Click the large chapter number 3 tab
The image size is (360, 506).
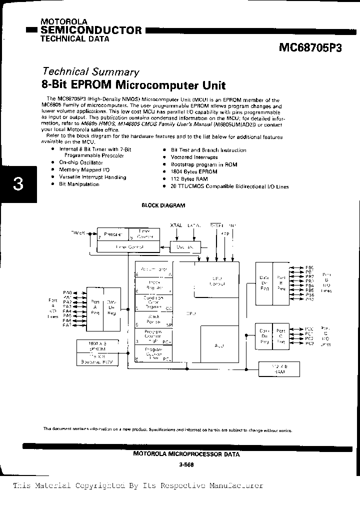click(x=18, y=184)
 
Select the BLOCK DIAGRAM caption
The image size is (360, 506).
click(x=163, y=205)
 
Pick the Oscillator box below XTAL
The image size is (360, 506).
click(x=186, y=247)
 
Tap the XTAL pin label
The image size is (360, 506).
click(x=176, y=225)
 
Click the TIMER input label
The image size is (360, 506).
click(x=78, y=233)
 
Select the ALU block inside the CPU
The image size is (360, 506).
click(x=219, y=345)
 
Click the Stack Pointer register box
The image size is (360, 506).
click(x=153, y=318)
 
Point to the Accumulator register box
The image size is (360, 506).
click(x=153, y=270)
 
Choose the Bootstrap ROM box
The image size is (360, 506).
click(x=97, y=360)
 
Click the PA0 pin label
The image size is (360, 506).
click(x=67, y=291)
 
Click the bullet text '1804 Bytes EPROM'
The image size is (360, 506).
click(x=193, y=171)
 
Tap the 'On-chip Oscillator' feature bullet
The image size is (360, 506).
click(x=80, y=163)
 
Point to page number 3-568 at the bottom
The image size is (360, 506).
click(x=186, y=464)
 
